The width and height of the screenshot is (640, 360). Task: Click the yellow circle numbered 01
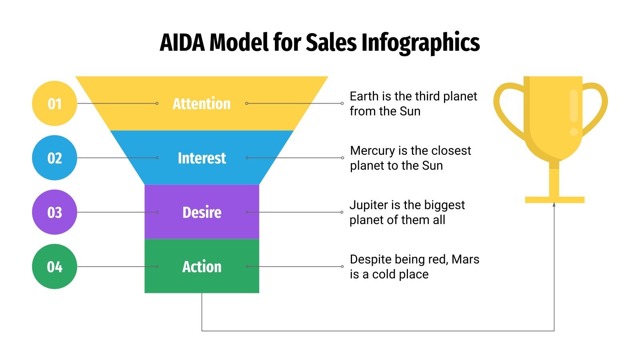click(x=54, y=104)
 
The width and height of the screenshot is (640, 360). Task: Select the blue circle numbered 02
click(x=54, y=158)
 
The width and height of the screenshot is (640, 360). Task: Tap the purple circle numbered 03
click(x=54, y=212)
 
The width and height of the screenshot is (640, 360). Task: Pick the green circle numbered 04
click(x=54, y=267)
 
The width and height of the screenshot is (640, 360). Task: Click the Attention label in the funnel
click(x=202, y=104)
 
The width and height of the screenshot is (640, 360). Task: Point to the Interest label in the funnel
click(x=202, y=158)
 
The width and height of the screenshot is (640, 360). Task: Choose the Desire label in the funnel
click(x=202, y=212)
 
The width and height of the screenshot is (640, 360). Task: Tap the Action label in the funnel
click(x=202, y=267)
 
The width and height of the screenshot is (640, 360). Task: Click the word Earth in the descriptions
click(x=364, y=96)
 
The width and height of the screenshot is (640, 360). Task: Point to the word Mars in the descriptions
click(x=465, y=260)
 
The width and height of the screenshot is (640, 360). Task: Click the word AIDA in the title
click(x=183, y=43)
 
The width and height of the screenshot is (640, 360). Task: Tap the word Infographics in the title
click(x=420, y=43)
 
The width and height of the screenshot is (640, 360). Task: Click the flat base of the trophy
click(x=554, y=200)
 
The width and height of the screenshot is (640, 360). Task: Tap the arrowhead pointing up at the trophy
click(x=554, y=205)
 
